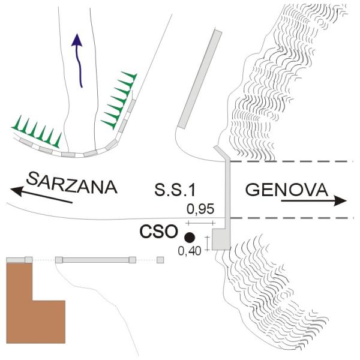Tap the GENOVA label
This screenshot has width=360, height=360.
287,190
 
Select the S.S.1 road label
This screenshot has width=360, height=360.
175,190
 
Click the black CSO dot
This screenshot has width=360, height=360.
190,238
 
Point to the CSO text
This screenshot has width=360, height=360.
158,232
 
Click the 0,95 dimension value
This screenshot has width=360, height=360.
200,209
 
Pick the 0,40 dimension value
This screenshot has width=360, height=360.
190,251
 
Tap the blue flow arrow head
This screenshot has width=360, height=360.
77,40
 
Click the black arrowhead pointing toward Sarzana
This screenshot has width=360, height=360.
17,191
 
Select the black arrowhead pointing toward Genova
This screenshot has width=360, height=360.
340,201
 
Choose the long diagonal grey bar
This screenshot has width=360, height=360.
200,79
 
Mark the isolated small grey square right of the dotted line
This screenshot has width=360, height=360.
160,260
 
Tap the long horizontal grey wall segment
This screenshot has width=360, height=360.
95,260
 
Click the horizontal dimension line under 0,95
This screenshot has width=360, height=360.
200,223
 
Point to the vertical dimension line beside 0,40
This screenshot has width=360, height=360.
208,244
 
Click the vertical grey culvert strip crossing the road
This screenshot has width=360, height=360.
227,195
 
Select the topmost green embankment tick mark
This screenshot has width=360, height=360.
130,76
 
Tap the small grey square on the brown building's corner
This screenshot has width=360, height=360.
28,260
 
